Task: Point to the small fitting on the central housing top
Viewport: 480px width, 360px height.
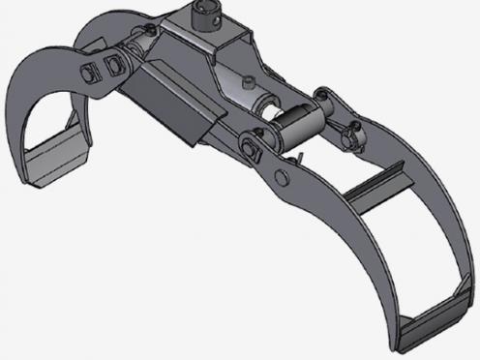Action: coord(249,80)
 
